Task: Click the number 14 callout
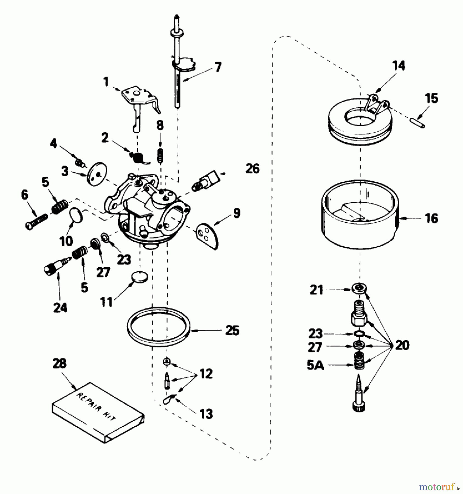(x=399, y=66)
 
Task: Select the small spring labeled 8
(x=160, y=155)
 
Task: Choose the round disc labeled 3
(x=97, y=175)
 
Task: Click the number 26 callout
(x=252, y=169)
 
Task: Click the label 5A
(x=315, y=365)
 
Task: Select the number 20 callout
(x=402, y=345)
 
